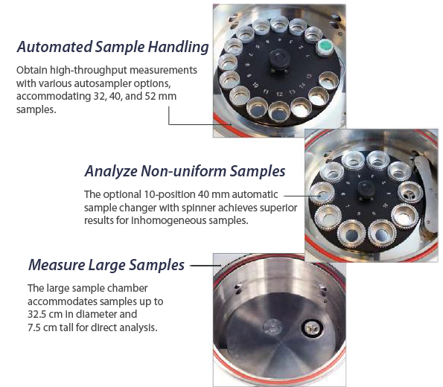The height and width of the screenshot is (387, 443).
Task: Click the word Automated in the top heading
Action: point(54,47)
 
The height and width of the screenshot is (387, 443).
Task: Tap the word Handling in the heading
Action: point(178,47)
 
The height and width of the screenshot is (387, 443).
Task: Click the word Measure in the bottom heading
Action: point(57,265)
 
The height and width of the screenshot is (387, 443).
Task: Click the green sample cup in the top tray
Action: point(325,48)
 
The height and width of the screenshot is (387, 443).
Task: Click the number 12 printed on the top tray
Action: point(279,95)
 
